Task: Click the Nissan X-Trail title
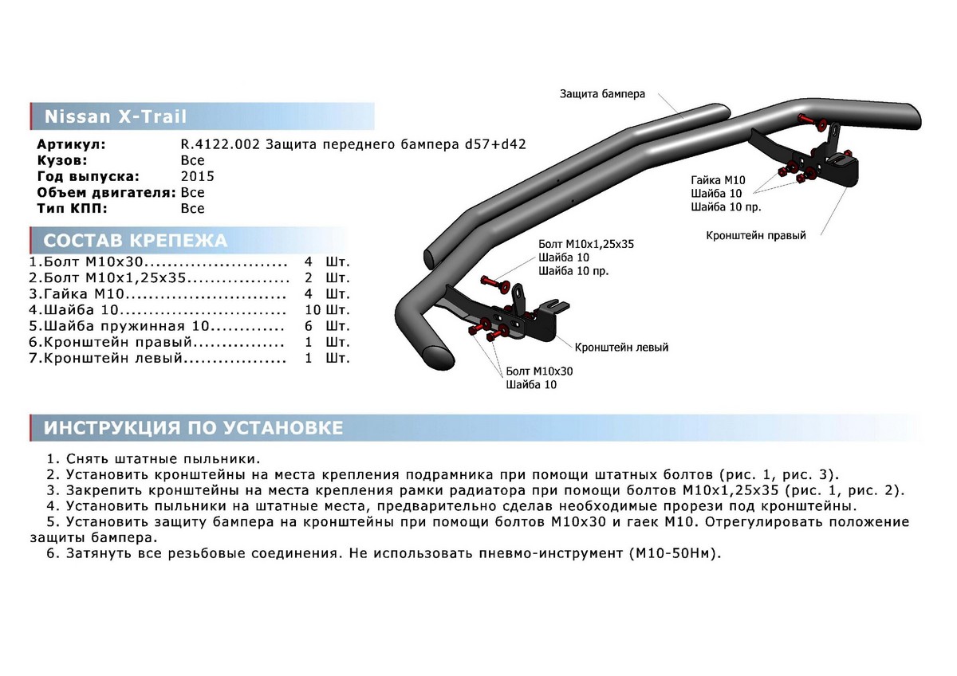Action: pos(115,117)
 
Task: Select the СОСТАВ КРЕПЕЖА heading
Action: pos(135,241)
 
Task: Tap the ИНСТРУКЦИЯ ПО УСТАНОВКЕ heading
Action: pos(193,428)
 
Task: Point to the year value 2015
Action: pos(197,176)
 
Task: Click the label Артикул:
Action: pos(71,144)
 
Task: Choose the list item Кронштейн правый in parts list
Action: pos(119,342)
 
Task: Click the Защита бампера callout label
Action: pos(601,93)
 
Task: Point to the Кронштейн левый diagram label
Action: pos(621,348)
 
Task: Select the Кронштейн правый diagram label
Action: pos(755,236)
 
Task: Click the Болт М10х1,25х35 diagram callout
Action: pos(585,244)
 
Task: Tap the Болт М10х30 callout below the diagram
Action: pos(538,371)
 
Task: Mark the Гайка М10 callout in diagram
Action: pos(718,180)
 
